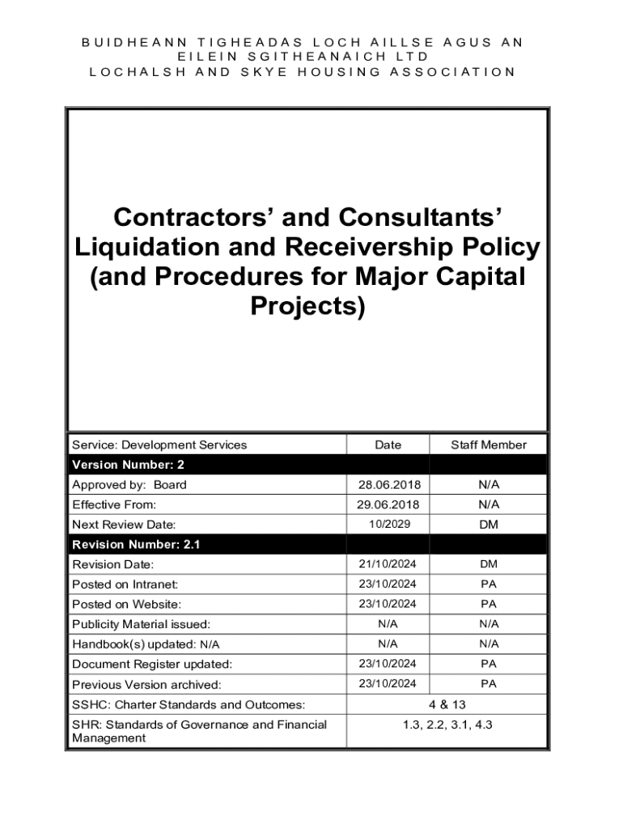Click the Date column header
pyautogui.click(x=388, y=444)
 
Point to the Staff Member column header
pyautogui.click(x=489, y=444)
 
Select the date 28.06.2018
pyautogui.click(x=388, y=485)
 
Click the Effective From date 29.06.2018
pyautogui.click(x=388, y=504)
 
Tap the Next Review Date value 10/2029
pyautogui.click(x=388, y=525)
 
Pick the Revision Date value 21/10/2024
pyautogui.click(x=388, y=564)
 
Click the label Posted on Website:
pyautogui.click(x=126, y=604)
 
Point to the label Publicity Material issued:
pyautogui.click(x=141, y=624)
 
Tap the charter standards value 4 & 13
pyautogui.click(x=447, y=704)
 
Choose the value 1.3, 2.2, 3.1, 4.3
pyautogui.click(x=447, y=725)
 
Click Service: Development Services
pyautogui.click(x=159, y=444)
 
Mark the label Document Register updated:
pyautogui.click(x=152, y=664)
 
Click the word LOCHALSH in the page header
pyautogui.click(x=125, y=71)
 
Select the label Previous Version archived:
pyautogui.click(x=146, y=684)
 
